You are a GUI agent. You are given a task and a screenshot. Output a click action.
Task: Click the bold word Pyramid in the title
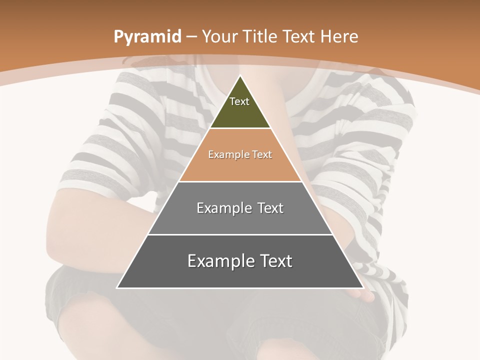pyautogui.click(x=147, y=37)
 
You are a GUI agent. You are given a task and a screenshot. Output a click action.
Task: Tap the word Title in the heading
pyautogui.click(x=260, y=37)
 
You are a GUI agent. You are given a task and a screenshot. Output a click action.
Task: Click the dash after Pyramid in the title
pyautogui.click(x=191, y=37)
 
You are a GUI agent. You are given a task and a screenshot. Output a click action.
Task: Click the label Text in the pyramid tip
pyautogui.click(x=239, y=101)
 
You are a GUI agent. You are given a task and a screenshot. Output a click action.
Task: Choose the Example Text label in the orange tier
pyautogui.click(x=240, y=154)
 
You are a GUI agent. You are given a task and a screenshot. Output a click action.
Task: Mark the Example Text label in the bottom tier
pyautogui.click(x=240, y=261)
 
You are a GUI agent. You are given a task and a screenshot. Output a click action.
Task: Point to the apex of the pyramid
pyautogui.click(x=240, y=76)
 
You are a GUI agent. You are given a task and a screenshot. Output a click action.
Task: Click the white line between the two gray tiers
pyautogui.click(x=240, y=234)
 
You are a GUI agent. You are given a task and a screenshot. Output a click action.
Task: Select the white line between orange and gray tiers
pyautogui.click(x=240, y=181)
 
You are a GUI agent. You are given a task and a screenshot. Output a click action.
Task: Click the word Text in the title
pyautogui.click(x=299, y=37)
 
